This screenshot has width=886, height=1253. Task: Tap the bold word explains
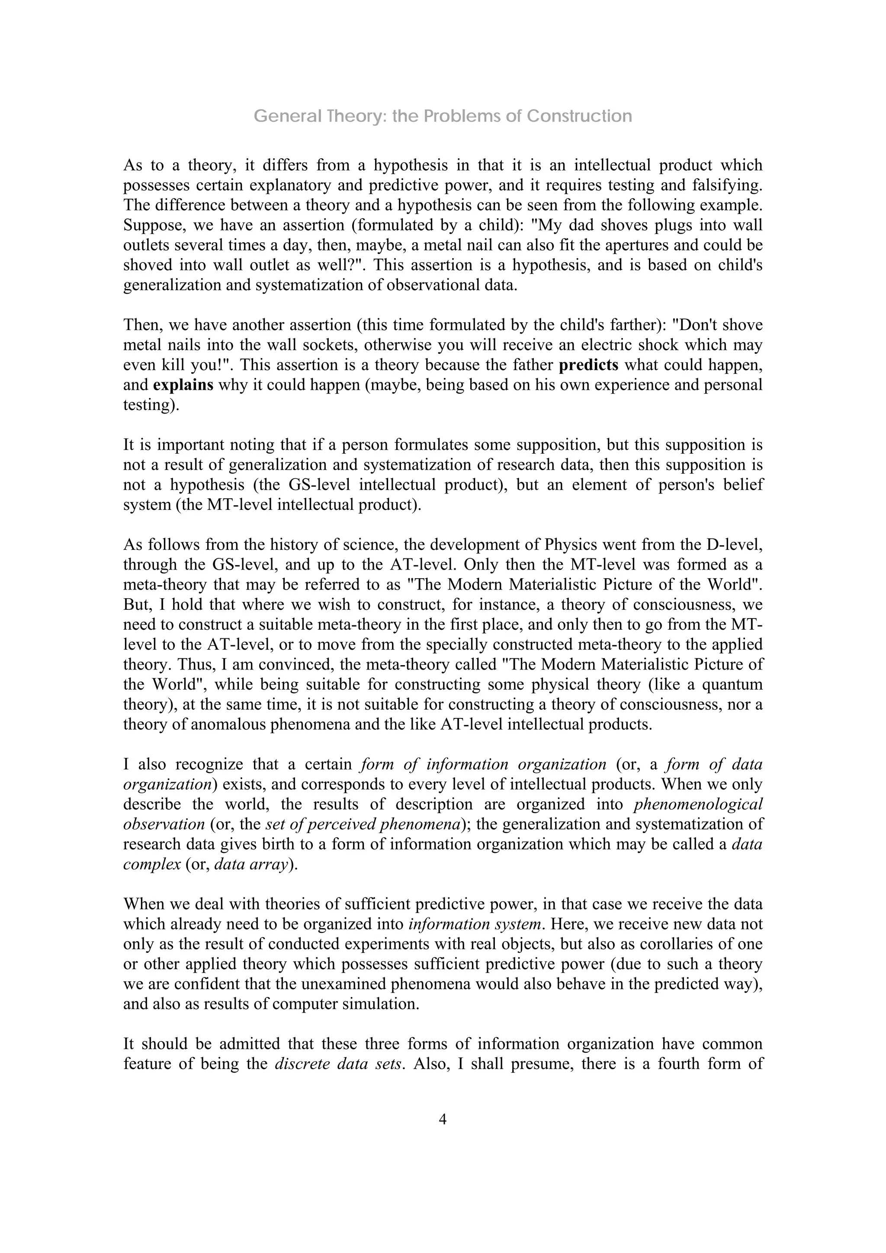pyautogui.click(x=183, y=385)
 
